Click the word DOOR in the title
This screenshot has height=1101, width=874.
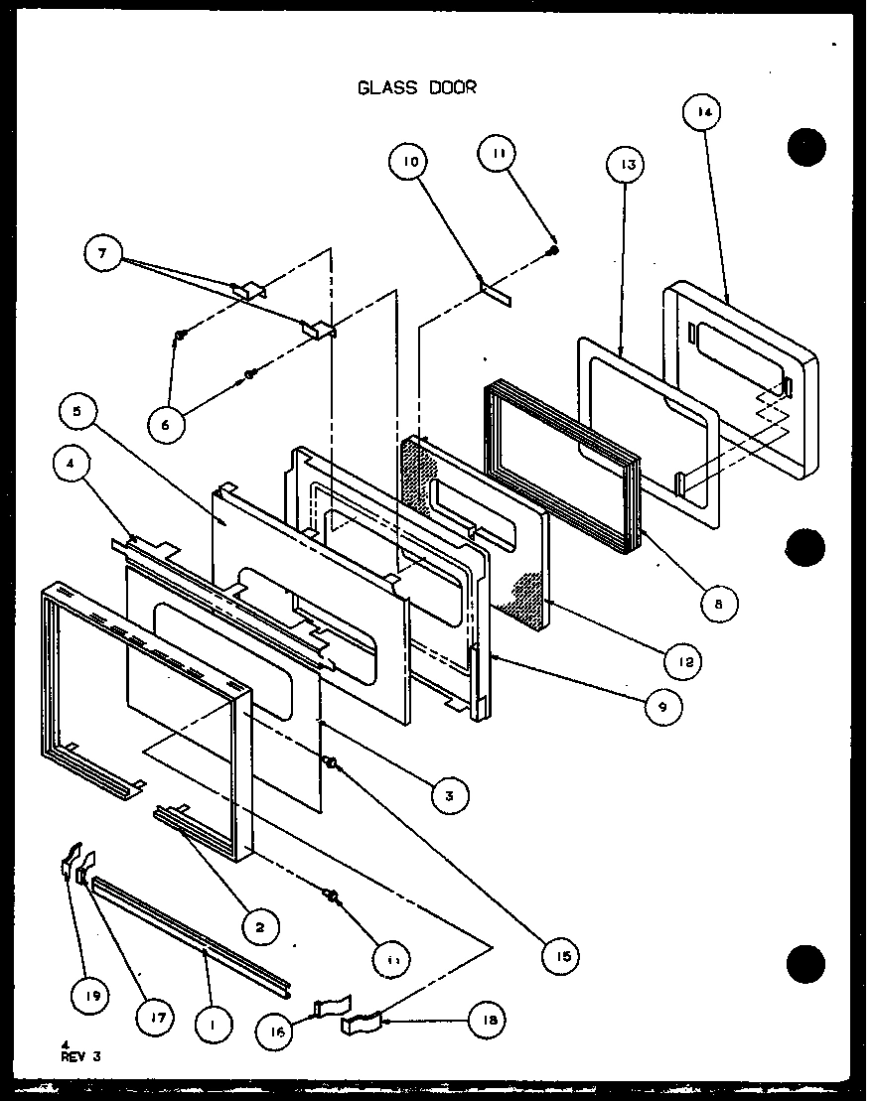coord(452,87)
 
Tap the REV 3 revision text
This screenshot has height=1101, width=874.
coord(80,1056)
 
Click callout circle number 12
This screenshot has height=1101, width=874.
coord(682,660)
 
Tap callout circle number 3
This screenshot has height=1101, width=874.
coord(450,794)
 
